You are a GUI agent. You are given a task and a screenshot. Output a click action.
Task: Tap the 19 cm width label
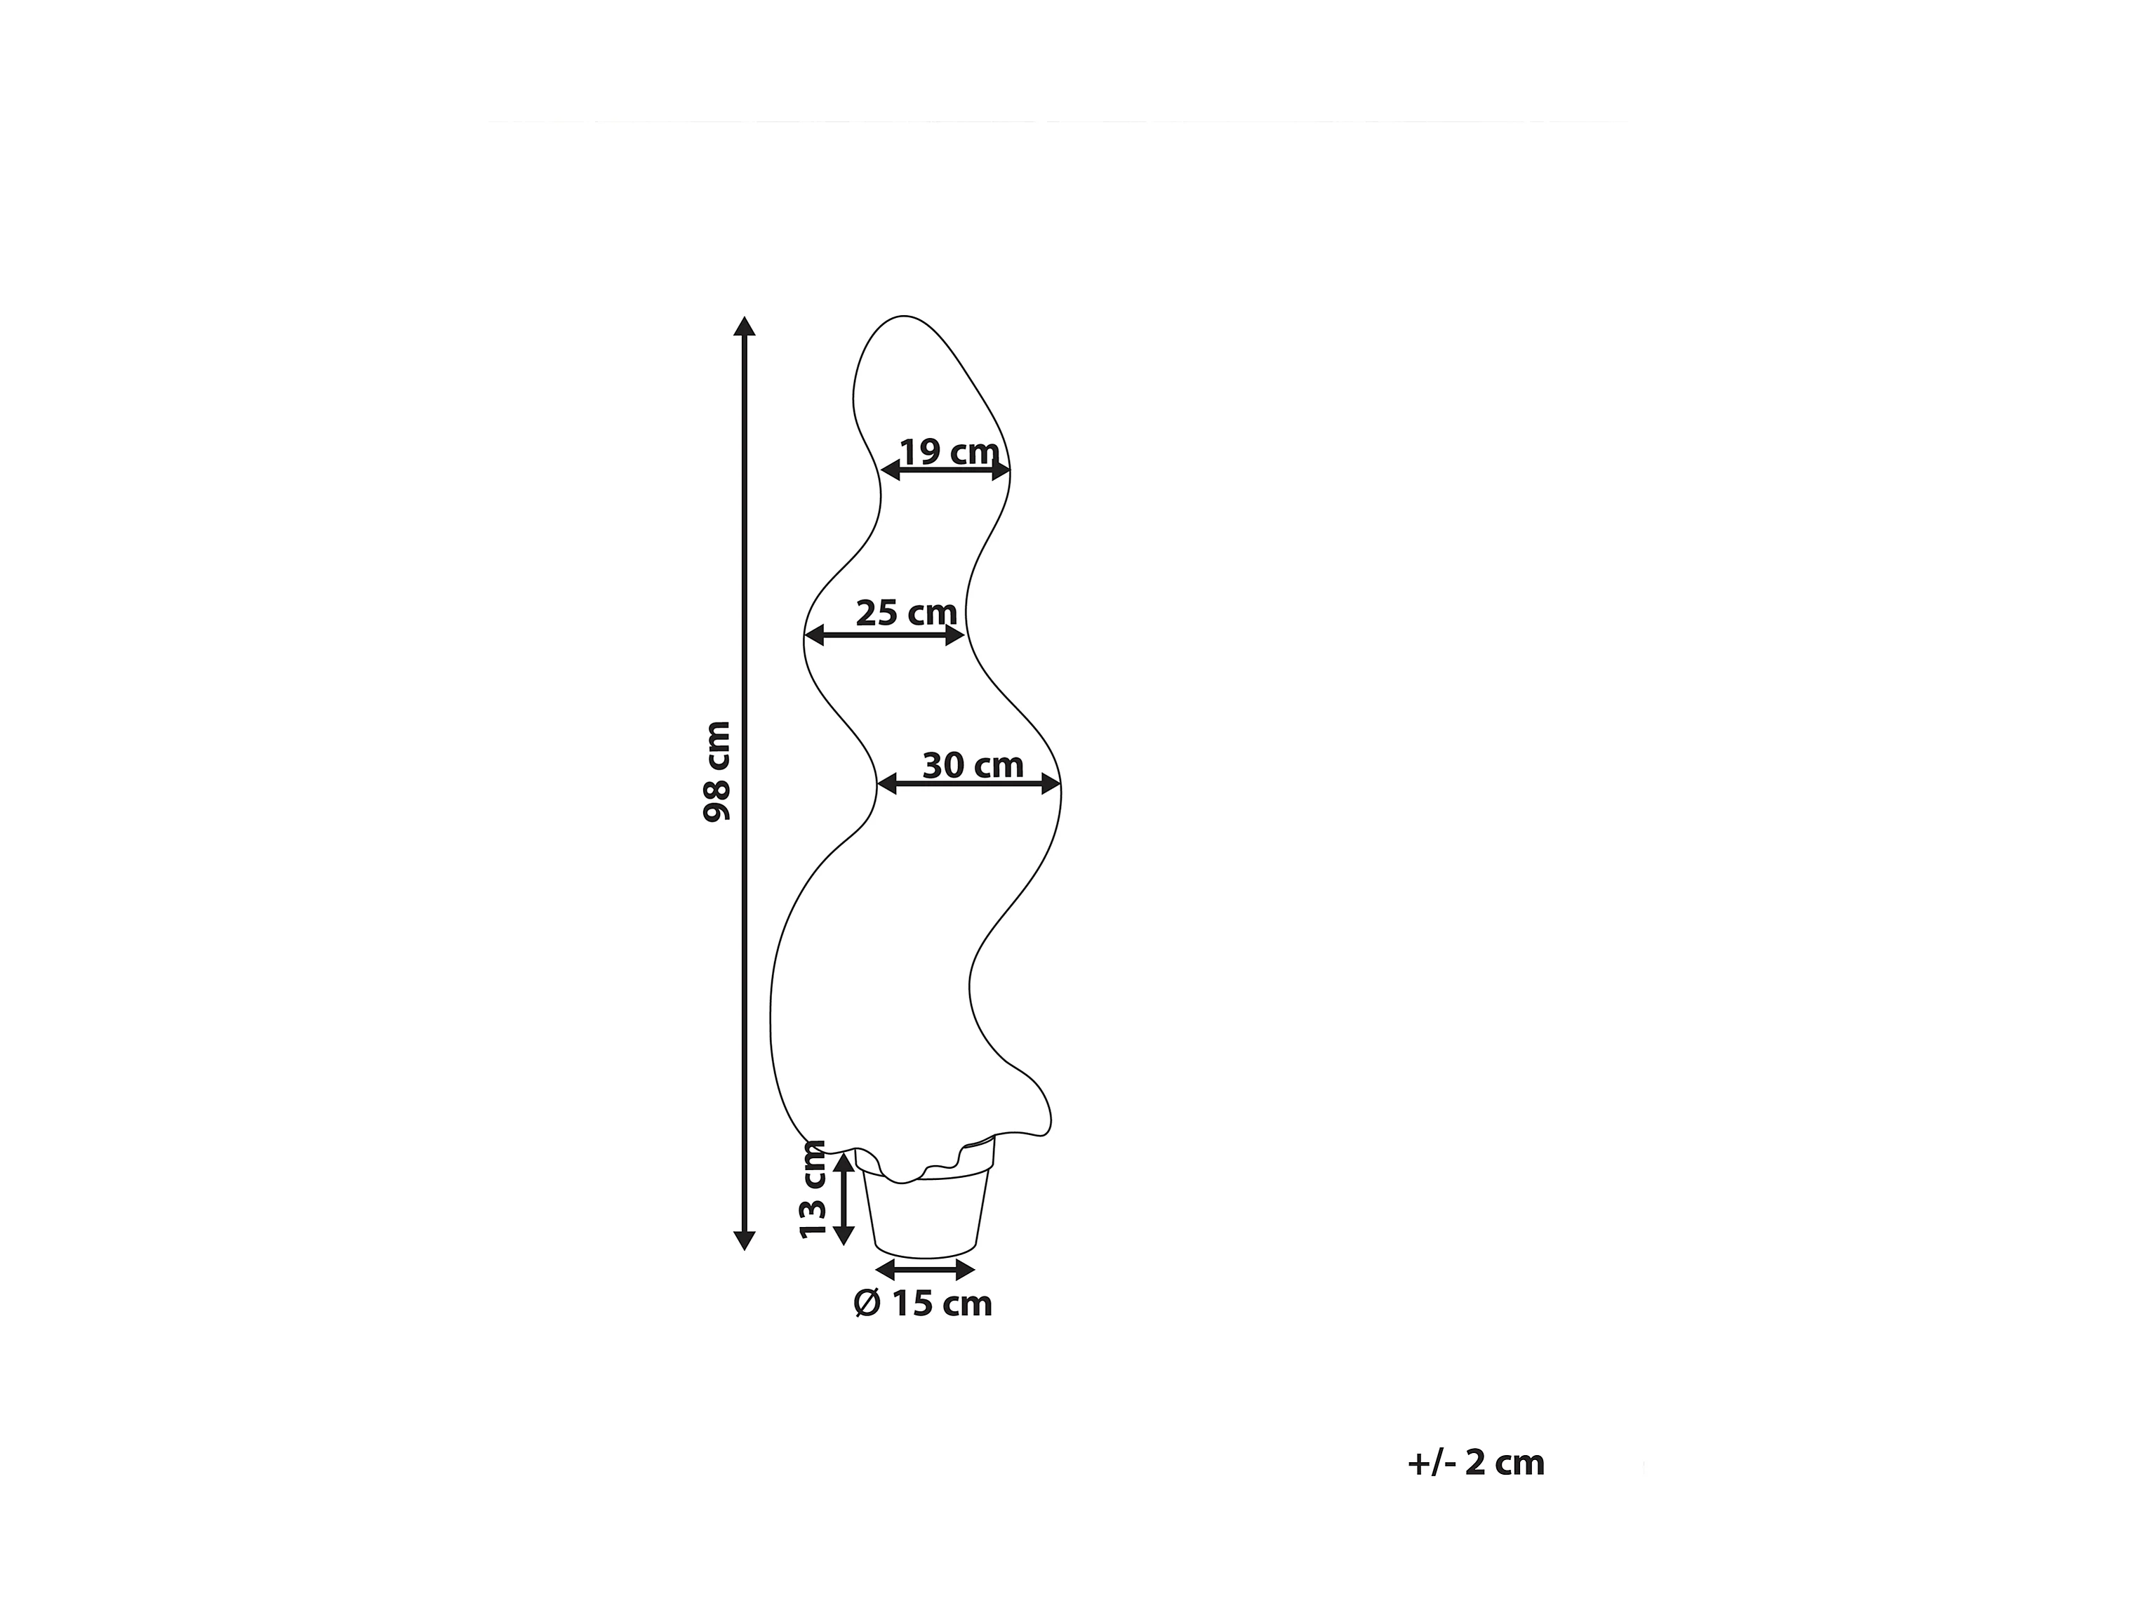pos(950,451)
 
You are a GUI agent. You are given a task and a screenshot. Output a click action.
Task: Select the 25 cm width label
pos(906,613)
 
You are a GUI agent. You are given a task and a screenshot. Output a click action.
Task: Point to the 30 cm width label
pos(973,765)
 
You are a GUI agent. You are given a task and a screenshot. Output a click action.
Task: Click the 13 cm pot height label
pos(813,1189)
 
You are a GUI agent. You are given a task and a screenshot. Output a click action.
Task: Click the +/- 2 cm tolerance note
pos(1476,1463)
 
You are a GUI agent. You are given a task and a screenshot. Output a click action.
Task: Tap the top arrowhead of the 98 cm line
pos(744,325)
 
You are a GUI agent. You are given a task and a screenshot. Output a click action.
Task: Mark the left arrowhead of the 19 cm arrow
pos(891,470)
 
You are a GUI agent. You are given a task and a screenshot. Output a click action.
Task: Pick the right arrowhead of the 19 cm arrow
pos(1001,470)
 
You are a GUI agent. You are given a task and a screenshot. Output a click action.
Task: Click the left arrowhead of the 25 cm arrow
pos(815,635)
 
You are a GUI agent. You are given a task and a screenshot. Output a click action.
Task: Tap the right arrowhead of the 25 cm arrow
pos(954,635)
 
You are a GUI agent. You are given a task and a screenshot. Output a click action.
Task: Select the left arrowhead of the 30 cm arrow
pos(888,785)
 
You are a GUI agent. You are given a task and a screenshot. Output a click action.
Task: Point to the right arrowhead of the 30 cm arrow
pos(1051,785)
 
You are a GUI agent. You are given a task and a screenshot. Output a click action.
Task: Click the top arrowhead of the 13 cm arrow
pos(844,1162)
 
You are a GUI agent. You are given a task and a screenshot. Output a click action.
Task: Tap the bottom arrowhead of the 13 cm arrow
pos(844,1235)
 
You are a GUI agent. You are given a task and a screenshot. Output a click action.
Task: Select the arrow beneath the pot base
pos(925,1270)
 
